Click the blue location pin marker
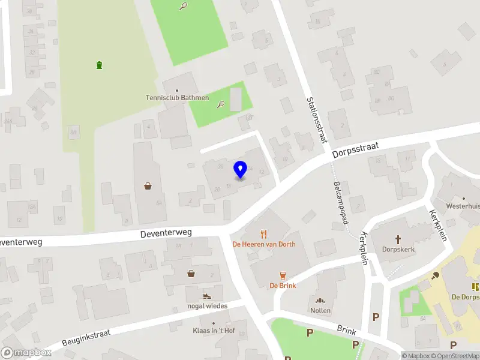240,170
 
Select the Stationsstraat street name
317,119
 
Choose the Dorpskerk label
398,249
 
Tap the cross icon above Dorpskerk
398,238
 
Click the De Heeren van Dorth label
264,244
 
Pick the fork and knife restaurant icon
263,233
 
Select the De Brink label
283,286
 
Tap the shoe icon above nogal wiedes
206,295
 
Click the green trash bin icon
99,65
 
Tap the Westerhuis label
464,206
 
